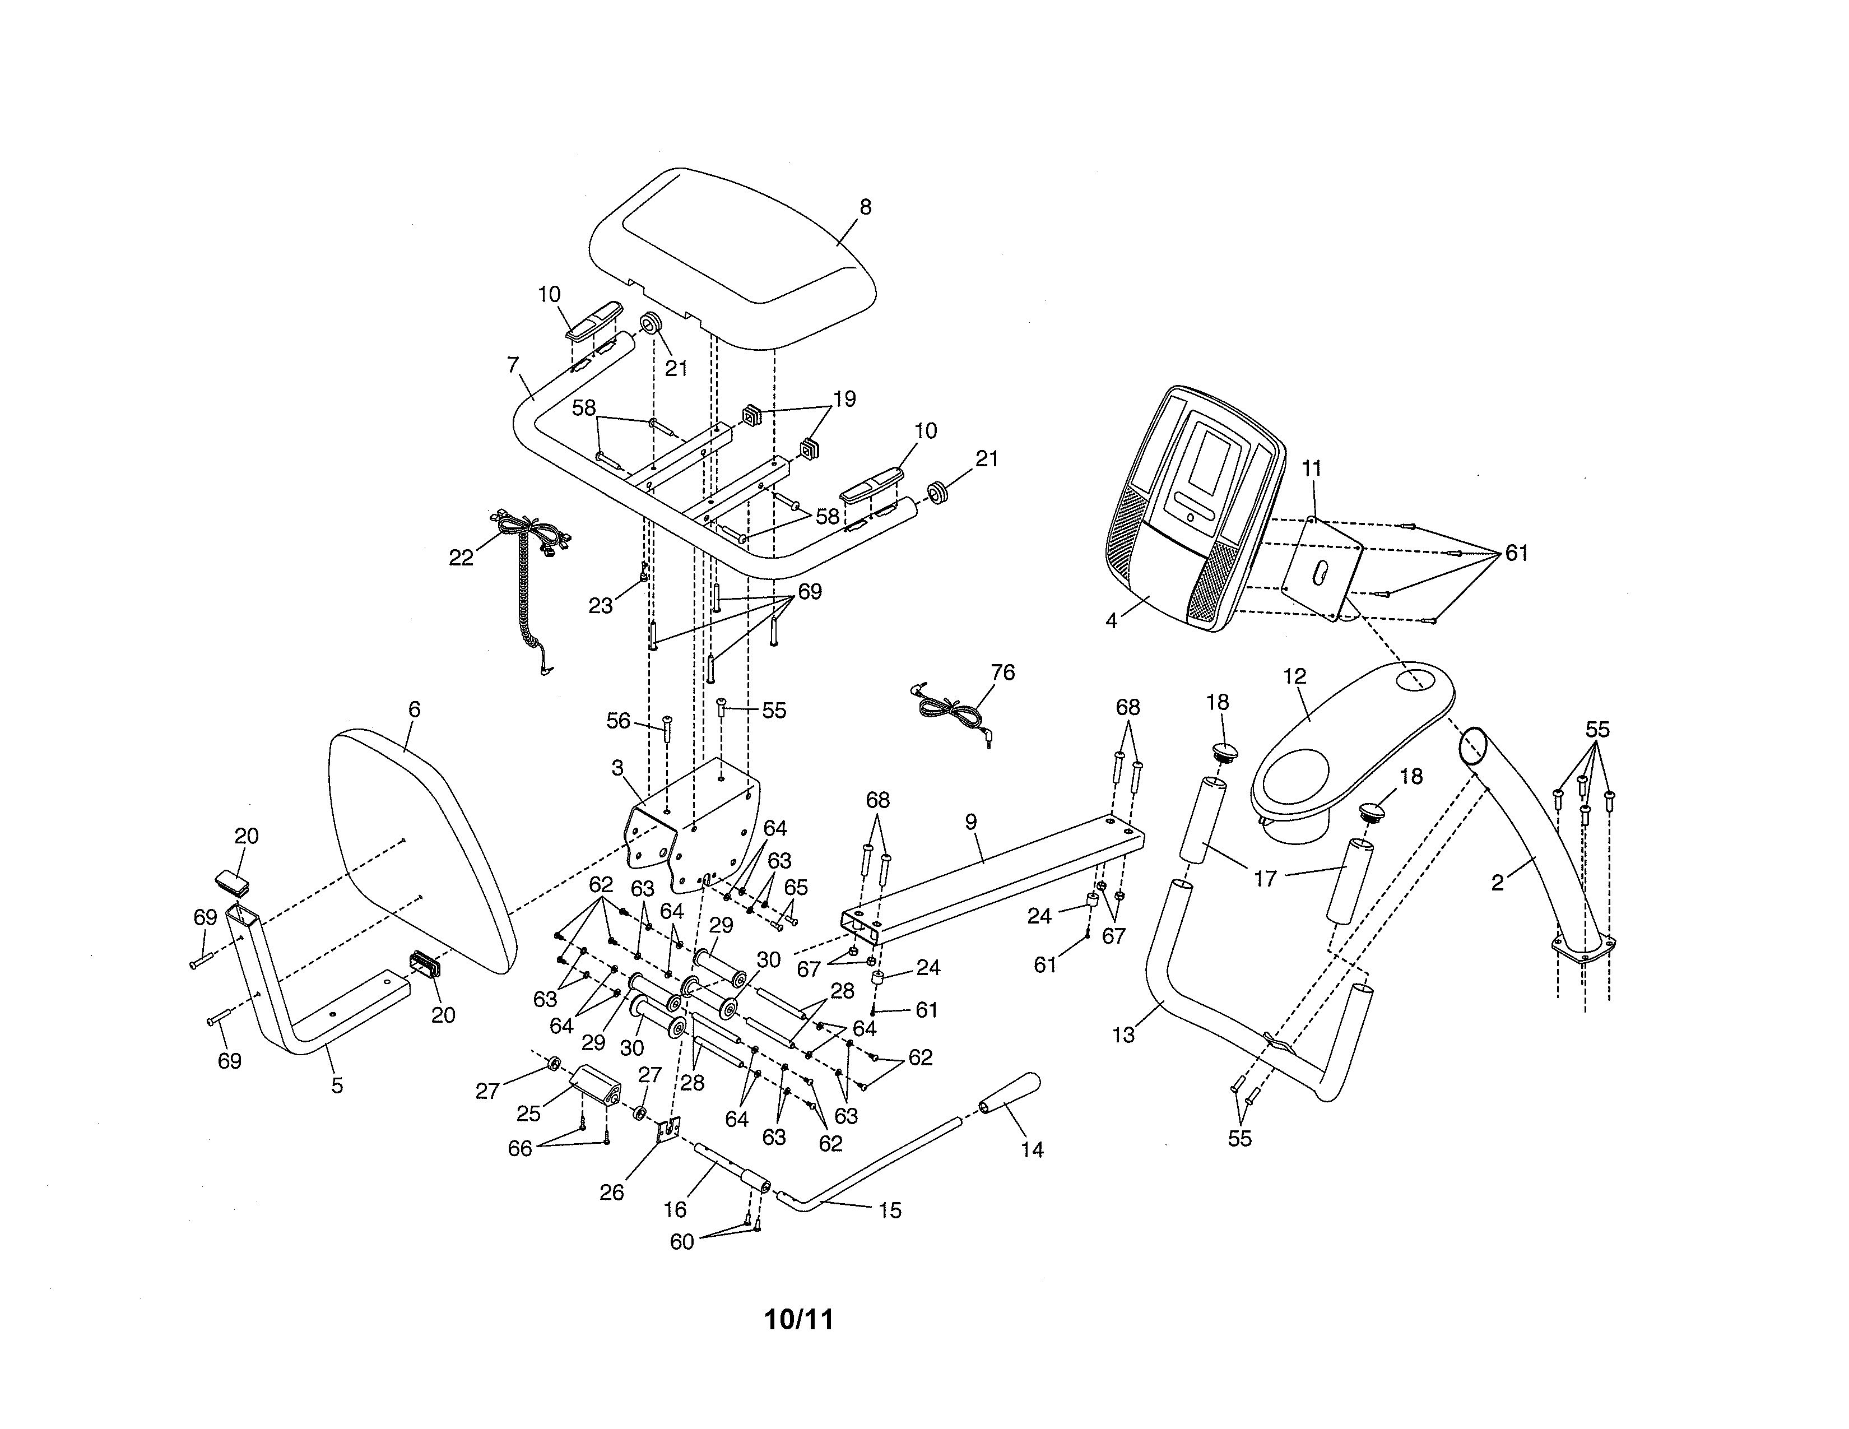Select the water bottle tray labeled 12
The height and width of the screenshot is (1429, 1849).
tap(1346, 745)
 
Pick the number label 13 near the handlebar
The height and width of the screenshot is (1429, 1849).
tap(1123, 1034)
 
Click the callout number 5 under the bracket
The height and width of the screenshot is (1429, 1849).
tap(337, 1085)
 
